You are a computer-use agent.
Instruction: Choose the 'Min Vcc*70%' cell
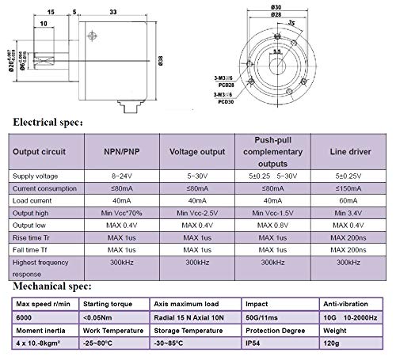(116, 214)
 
